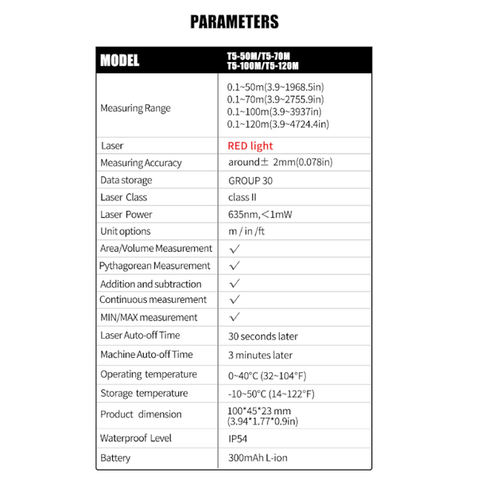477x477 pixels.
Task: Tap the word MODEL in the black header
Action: [x=120, y=60]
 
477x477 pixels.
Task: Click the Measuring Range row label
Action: [x=135, y=108]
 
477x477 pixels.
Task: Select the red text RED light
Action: [x=250, y=145]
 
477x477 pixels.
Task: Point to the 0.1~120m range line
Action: [x=278, y=124]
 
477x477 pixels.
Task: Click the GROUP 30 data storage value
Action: [x=250, y=180]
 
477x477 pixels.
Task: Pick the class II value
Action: [x=243, y=197]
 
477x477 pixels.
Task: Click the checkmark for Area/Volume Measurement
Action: [x=235, y=249]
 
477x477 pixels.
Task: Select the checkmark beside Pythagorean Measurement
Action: [x=235, y=266]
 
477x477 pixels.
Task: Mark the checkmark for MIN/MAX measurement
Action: [x=235, y=317]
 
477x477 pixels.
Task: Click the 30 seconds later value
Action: [x=263, y=335]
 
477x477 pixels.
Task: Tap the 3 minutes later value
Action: [x=260, y=355]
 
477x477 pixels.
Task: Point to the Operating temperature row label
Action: [x=149, y=374]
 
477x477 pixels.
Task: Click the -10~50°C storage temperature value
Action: [x=271, y=394]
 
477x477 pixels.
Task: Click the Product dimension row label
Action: [x=141, y=414]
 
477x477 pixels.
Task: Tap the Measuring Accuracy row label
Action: [x=141, y=163]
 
